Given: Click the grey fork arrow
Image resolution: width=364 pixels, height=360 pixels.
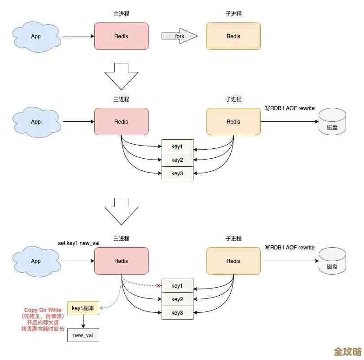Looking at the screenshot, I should tap(179, 36).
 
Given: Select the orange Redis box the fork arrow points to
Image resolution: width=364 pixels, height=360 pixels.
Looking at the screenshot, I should tap(233, 36).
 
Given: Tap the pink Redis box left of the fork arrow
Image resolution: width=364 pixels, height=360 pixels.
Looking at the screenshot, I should tap(121, 36).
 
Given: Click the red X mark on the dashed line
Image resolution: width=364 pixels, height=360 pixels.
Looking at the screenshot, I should tap(158, 286).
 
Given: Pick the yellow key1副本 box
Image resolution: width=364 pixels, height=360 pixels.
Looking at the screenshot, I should tap(83, 308).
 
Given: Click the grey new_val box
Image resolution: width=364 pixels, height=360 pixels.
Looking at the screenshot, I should tap(83, 335).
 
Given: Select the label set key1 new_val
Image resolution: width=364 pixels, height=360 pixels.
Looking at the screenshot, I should tap(79, 243).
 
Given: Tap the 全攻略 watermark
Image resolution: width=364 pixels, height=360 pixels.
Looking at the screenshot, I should tap(348, 350).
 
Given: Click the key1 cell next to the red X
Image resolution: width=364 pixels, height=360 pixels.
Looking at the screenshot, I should tap(177, 286).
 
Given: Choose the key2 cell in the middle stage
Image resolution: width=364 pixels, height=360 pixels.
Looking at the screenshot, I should tap(177, 160).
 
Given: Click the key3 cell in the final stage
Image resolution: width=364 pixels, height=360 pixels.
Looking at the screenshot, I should tap(177, 313).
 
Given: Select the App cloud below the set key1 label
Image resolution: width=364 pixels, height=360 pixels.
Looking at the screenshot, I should tap(36, 261).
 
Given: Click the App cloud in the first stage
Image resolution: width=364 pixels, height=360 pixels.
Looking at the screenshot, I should tap(36, 36).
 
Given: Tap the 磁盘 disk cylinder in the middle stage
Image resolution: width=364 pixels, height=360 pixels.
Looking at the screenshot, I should tap(332, 122).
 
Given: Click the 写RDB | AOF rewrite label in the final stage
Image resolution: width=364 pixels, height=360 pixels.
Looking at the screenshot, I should tap(289, 248).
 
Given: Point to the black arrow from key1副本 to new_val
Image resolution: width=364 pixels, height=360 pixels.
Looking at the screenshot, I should tap(83, 321).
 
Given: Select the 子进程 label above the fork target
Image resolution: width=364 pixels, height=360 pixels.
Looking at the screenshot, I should tap(233, 14).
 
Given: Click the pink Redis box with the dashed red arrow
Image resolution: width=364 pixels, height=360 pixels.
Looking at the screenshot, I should tap(121, 261).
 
